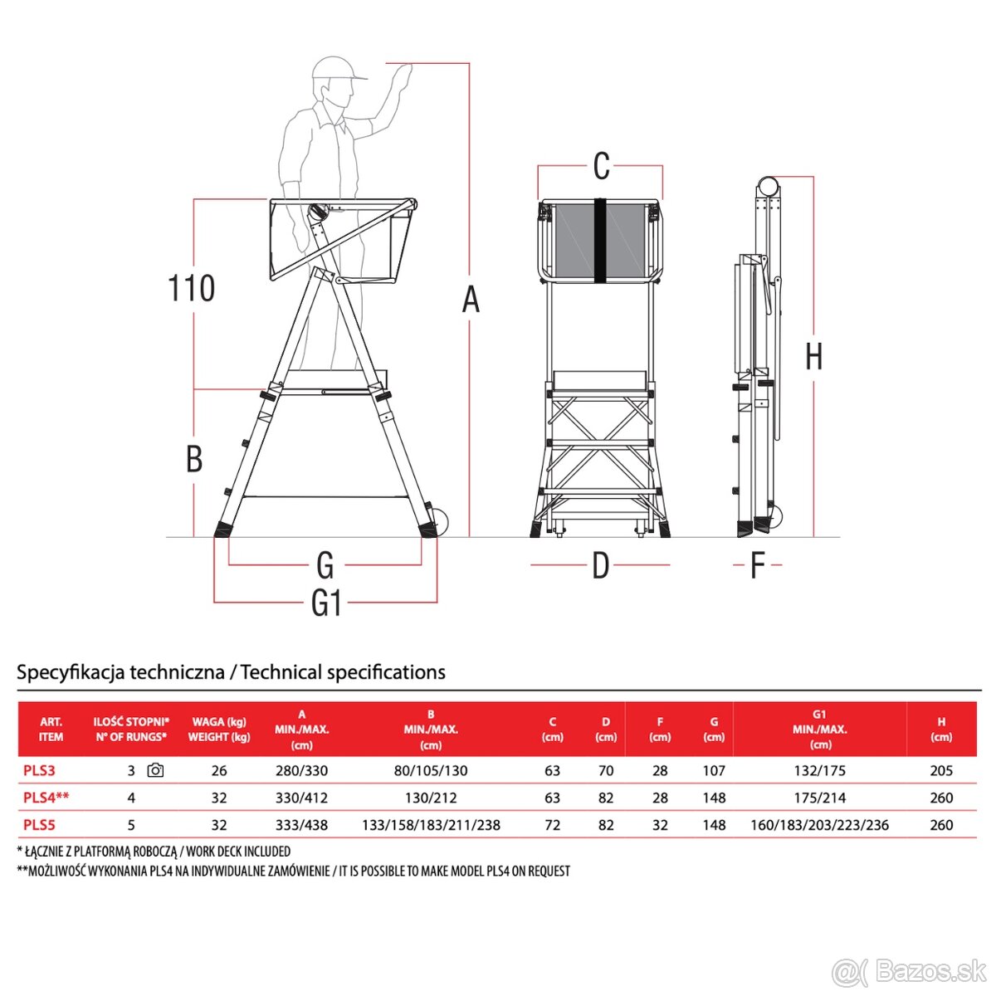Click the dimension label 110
pyautogui.click(x=191, y=288)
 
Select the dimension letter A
pyautogui.click(x=471, y=300)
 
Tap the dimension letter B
pyautogui.click(x=194, y=458)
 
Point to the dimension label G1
pyautogui.click(x=326, y=603)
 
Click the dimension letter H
pyautogui.click(x=814, y=357)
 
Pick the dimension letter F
pyautogui.click(x=757, y=565)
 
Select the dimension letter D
pyautogui.click(x=601, y=565)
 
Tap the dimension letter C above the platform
pyautogui.click(x=601, y=166)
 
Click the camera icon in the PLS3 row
pyautogui.click(x=155, y=770)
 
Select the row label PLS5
pyautogui.click(x=39, y=824)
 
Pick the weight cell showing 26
pyautogui.click(x=219, y=770)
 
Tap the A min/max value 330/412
pyautogui.click(x=302, y=798)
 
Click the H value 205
pyautogui.click(x=941, y=770)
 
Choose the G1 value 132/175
pyautogui.click(x=820, y=770)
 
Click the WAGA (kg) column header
pyautogui.click(x=219, y=721)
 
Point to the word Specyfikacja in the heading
pyautogui.click(x=69, y=672)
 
